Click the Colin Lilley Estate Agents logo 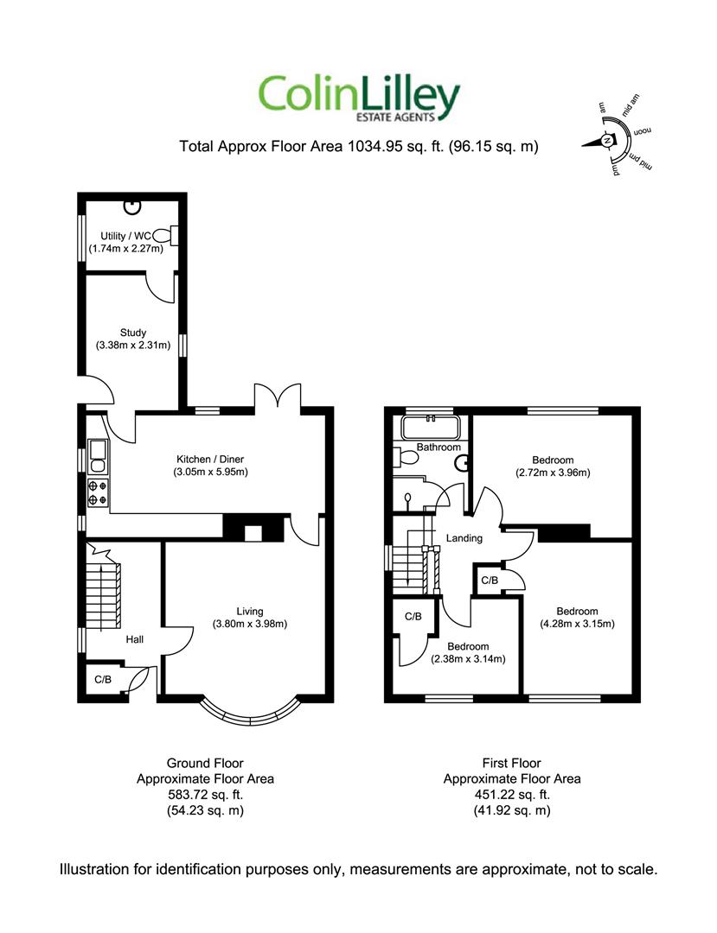(358, 98)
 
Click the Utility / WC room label (125, 236)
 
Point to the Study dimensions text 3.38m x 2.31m (133, 345)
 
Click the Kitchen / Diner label (210, 459)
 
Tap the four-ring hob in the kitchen (99, 492)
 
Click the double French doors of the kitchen (278, 396)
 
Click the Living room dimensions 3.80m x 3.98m (250, 624)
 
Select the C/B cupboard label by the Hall (103, 679)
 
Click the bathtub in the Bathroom (430, 427)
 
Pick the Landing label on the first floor (464, 538)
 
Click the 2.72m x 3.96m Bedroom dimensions (553, 473)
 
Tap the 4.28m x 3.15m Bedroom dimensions (577, 624)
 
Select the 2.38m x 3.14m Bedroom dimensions (468, 658)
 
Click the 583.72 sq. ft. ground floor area (206, 795)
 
